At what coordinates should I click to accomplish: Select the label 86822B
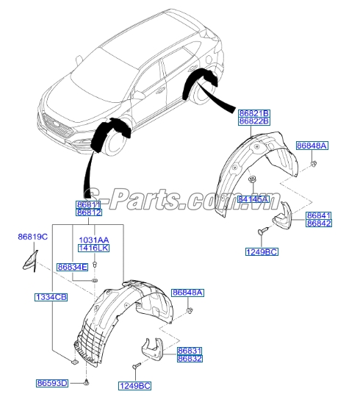pyautogui.click(x=254, y=121)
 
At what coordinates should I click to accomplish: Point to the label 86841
pyautogui.click(x=319, y=214)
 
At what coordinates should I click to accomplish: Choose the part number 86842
pyautogui.click(x=319, y=223)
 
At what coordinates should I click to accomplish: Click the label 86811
pyautogui.click(x=90, y=204)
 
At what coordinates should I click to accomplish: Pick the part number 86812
pyautogui.click(x=90, y=212)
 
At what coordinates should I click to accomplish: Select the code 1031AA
pyautogui.click(x=94, y=240)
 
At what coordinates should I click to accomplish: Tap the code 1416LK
pyautogui.click(x=94, y=249)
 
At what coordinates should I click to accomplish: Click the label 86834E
pyautogui.click(x=72, y=267)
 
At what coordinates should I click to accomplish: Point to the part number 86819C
pyautogui.click(x=32, y=236)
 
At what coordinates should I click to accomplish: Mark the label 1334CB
pyautogui.click(x=51, y=296)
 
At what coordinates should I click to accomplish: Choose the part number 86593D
pyautogui.click(x=51, y=383)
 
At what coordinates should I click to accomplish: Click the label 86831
pyautogui.click(x=190, y=351)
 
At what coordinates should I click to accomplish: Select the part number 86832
pyautogui.click(x=190, y=359)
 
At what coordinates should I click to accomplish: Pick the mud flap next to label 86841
pyautogui.click(x=284, y=217)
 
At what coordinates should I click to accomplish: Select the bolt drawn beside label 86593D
pyautogui.click(x=87, y=383)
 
